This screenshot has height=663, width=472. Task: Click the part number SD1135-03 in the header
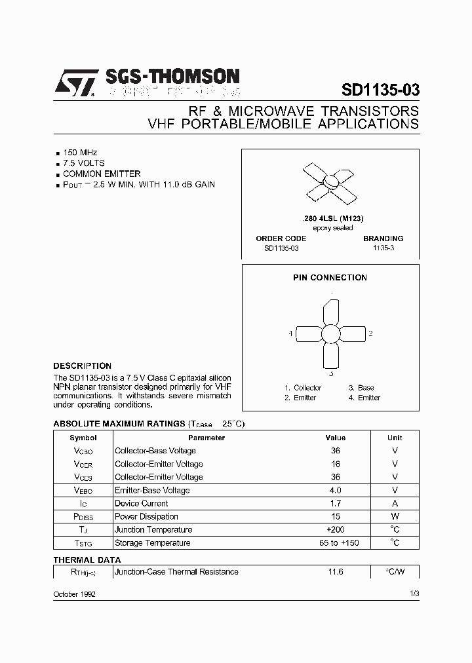coord(380,90)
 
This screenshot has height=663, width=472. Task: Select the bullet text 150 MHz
coord(80,152)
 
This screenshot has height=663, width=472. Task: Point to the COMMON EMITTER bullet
coord(102,174)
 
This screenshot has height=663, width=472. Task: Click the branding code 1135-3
coord(383,249)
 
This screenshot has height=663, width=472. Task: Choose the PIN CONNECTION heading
coord(330,278)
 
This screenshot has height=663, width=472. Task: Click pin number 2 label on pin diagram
coord(370,334)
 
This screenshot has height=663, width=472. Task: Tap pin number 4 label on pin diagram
coord(290,334)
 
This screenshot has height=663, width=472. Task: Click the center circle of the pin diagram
coord(331,334)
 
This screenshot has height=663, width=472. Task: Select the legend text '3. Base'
coord(361,388)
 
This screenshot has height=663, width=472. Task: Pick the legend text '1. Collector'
coord(303,388)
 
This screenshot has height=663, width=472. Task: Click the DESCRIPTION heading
coord(82,366)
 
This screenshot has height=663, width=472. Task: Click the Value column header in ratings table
coord(336,438)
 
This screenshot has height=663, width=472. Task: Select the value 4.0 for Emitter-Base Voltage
coord(336,490)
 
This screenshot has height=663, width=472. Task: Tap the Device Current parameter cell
coord(142,503)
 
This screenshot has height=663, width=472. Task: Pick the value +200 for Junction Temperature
coord(336,529)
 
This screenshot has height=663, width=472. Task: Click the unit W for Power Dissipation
coord(395,516)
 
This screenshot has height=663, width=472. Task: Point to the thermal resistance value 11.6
coord(336,572)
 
